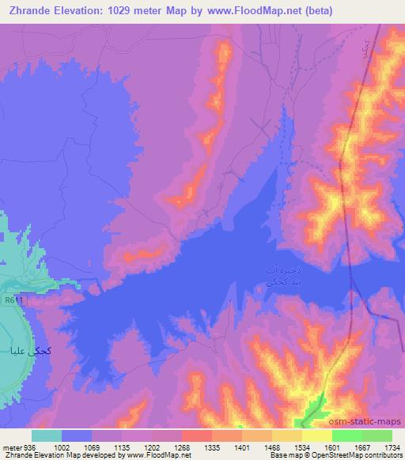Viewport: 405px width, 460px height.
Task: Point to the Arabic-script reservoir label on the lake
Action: coord(281,276)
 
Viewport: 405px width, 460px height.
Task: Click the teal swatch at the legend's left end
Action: coord(47,435)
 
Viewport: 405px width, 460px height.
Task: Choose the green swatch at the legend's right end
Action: coord(377,435)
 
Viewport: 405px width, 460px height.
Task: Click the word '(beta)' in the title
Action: coord(316,10)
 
